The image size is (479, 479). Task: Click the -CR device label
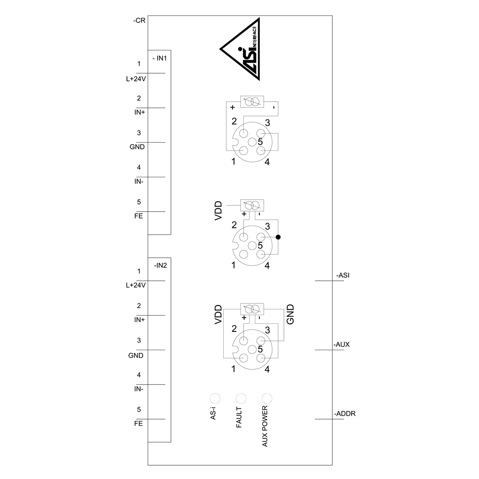(139, 21)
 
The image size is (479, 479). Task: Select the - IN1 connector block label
(160, 58)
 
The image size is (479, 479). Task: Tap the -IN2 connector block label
(160, 265)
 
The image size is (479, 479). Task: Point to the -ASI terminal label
(343, 275)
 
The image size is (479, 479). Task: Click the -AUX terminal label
(342, 344)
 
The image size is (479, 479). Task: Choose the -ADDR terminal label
(344, 414)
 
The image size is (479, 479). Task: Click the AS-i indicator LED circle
(215, 399)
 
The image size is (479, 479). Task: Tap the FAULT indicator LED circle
(241, 399)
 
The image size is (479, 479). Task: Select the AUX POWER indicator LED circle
(267, 399)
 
